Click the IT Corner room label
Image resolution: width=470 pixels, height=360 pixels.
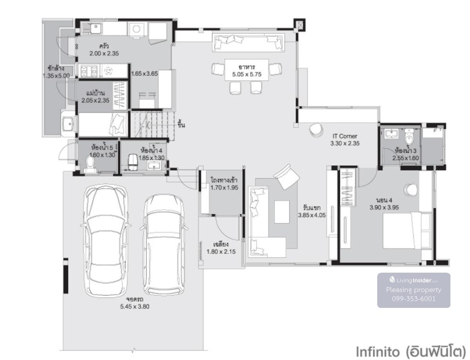click(345, 136)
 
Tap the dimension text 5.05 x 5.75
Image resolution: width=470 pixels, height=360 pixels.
click(247, 74)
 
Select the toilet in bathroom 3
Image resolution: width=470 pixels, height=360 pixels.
click(409, 136)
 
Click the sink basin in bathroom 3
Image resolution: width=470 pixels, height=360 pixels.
click(391, 134)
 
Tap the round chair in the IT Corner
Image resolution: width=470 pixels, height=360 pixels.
click(316, 130)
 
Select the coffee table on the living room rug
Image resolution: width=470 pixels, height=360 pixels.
click(282, 212)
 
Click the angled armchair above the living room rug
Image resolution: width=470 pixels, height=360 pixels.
click(287, 177)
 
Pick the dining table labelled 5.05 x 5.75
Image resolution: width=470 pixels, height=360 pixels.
click(247, 70)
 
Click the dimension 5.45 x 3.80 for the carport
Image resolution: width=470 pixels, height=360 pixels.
click(135, 307)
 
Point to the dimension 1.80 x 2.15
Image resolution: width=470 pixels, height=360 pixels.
click(221, 251)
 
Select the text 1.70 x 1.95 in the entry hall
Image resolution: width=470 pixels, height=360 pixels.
click(224, 188)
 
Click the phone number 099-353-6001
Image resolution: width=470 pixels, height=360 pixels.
click(414, 298)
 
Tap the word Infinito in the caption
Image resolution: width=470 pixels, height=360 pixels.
click(378, 351)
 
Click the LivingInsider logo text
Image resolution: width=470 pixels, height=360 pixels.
click(414, 280)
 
